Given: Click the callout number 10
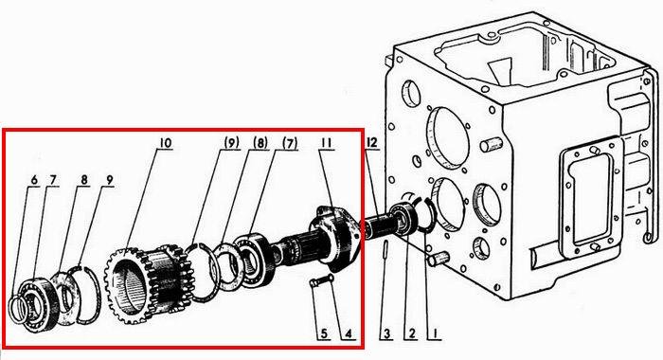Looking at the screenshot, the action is [x=166, y=143].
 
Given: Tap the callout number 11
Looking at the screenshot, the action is [x=326, y=143].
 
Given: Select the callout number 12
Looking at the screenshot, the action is [x=371, y=142].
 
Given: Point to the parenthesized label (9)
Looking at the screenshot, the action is [x=231, y=143].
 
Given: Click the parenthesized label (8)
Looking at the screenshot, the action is [x=260, y=143].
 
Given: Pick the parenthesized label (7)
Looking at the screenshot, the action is [x=290, y=143].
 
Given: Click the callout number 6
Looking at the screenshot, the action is [x=34, y=180].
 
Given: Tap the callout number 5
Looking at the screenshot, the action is [x=324, y=333].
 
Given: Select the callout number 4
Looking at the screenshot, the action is [x=348, y=333].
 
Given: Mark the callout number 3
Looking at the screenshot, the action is [x=386, y=333].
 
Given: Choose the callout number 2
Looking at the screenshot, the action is [x=410, y=333].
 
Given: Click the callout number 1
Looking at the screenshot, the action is [x=434, y=333].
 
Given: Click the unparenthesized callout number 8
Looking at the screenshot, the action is [x=85, y=180].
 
